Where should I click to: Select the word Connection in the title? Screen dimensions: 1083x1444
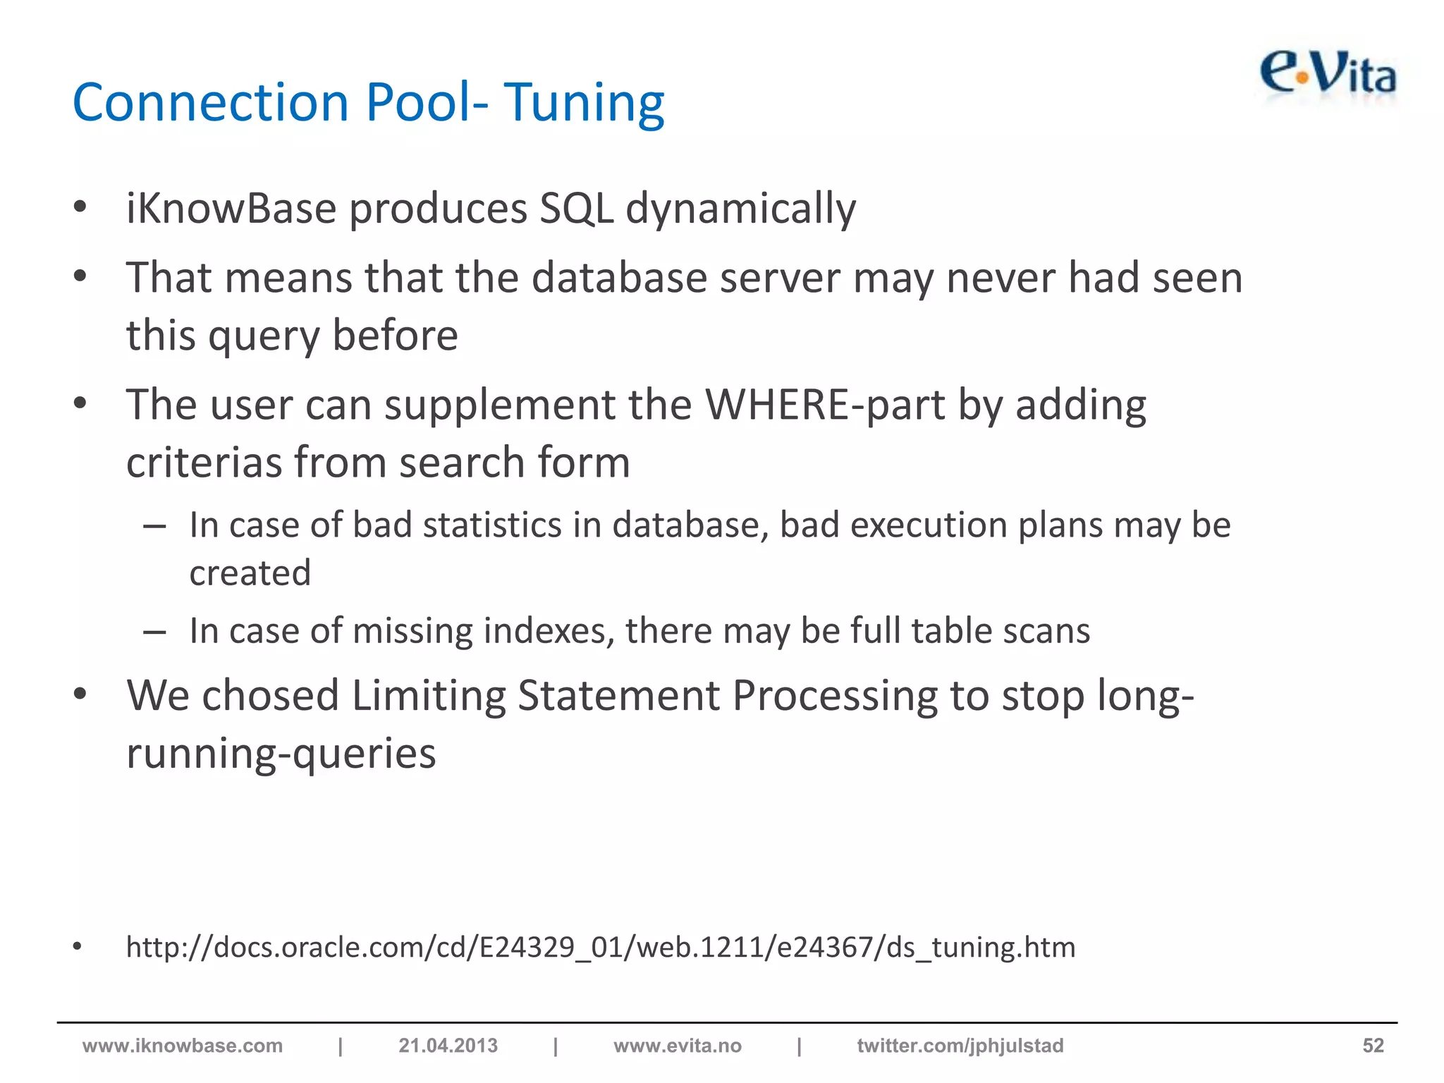[x=211, y=103]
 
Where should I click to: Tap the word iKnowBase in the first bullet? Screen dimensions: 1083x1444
[x=231, y=209]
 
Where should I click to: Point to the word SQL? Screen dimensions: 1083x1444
[x=576, y=209]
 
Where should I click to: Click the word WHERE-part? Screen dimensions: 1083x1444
[x=825, y=405]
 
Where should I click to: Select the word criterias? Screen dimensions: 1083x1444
[x=204, y=463]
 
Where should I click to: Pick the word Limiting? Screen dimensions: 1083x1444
[x=429, y=696]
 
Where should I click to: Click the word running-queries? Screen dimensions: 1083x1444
[x=281, y=753]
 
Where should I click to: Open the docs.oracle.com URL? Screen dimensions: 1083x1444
[x=600, y=947]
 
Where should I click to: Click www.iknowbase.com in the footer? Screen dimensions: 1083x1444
[x=183, y=1046]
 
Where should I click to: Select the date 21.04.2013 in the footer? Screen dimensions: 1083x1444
[x=448, y=1046]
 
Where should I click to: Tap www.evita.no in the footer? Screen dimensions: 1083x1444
[x=677, y=1046]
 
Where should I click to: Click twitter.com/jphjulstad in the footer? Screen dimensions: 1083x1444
[x=960, y=1046]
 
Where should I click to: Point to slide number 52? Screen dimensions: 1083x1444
[x=1372, y=1046]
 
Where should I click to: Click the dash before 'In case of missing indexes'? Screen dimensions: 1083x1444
[x=154, y=632]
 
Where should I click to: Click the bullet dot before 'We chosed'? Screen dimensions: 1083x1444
[x=80, y=694]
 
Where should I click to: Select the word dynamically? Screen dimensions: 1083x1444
[x=740, y=209]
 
